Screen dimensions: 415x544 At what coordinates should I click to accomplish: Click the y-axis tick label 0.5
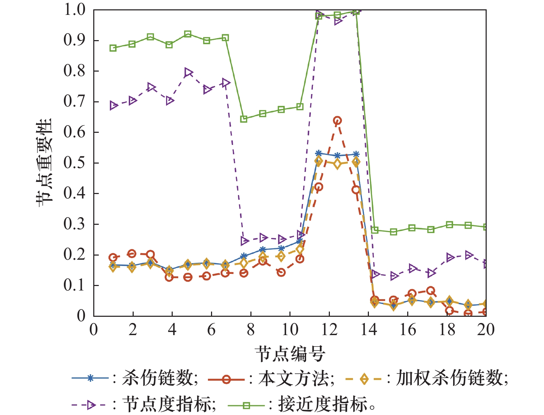coord(74,163)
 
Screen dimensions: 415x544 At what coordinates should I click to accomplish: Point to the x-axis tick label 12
coord(329,330)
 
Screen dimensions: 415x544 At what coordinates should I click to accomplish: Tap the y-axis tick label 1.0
coord(74,10)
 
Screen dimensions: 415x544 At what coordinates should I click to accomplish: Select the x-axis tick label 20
coord(486,330)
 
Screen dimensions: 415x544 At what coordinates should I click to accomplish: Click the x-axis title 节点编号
coord(290,353)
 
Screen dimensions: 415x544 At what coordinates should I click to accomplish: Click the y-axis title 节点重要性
coord(44,163)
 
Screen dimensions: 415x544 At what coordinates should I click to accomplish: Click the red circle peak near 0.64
coord(337,121)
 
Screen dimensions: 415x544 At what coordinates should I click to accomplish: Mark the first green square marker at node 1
coord(113,48)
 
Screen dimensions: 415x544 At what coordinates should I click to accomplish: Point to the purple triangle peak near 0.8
coord(188,73)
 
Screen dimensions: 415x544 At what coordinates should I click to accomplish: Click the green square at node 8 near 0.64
coord(244,119)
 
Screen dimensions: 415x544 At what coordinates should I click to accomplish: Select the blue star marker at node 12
coord(337,156)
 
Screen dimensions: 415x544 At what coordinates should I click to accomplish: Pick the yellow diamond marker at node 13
coord(356,162)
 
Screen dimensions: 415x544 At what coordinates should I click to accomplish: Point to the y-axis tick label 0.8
coord(74,71)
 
